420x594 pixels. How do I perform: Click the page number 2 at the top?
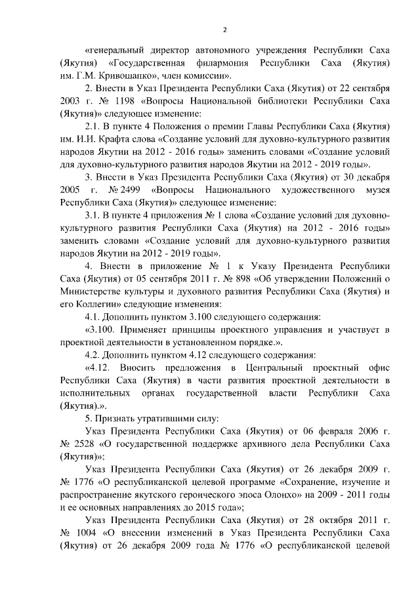coord(224,30)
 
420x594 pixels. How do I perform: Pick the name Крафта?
coord(127,139)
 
